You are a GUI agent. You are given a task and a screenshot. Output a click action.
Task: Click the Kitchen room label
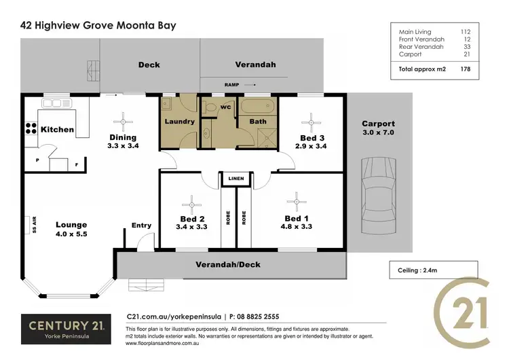(x=57, y=129)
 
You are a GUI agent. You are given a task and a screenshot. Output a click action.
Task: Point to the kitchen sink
(x=57, y=104)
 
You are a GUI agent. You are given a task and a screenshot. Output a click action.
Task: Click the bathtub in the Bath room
(x=258, y=107)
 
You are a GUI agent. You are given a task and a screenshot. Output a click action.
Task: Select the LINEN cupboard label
(x=236, y=179)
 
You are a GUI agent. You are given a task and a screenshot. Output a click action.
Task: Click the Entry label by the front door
(x=142, y=226)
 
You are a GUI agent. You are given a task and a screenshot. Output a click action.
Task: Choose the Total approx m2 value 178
(x=465, y=69)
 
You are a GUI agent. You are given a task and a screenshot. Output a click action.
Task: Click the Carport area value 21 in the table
(x=466, y=54)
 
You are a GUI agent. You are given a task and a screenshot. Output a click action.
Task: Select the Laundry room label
(x=180, y=122)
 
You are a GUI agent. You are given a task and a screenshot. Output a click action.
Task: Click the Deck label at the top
(x=149, y=65)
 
